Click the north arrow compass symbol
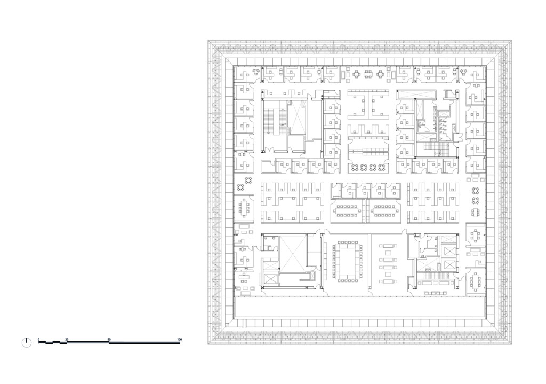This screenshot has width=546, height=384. click(26, 342)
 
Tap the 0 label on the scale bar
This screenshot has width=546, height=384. click(39, 339)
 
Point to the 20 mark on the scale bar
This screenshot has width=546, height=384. click(67, 339)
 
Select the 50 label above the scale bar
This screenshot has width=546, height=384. click(109, 339)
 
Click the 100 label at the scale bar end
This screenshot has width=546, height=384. click(179, 339)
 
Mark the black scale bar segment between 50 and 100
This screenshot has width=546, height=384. click(144, 343)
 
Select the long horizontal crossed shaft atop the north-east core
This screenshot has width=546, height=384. click(416, 93)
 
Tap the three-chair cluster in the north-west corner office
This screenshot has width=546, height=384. click(256, 71)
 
